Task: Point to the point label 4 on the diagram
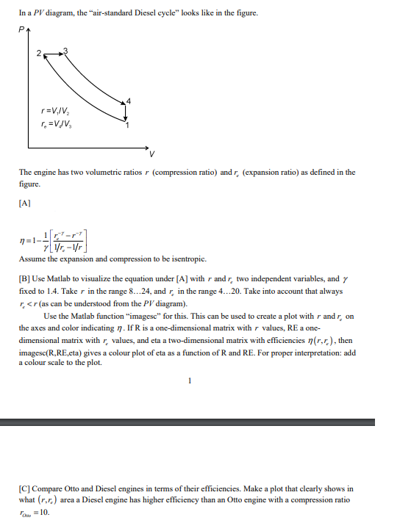(x=130, y=100)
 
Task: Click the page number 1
(x=190, y=380)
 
